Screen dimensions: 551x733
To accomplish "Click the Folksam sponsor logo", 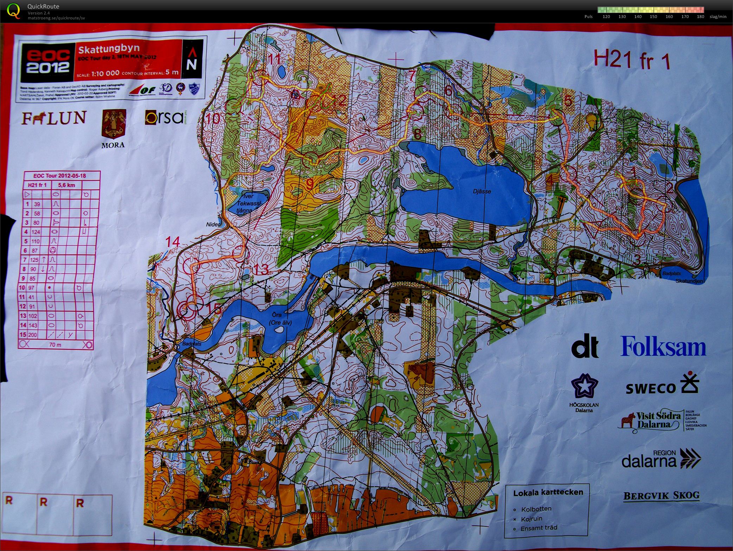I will (663, 346).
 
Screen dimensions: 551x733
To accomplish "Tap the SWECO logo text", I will (651, 388).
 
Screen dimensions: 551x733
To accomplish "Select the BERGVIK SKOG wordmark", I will (661, 495).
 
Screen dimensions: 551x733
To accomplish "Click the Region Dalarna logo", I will (661, 459).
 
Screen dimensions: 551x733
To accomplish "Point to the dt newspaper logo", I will (585, 347).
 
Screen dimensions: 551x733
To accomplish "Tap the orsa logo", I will (164, 118).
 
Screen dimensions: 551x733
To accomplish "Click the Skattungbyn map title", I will (109, 48).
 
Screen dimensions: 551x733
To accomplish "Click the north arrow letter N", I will (191, 65).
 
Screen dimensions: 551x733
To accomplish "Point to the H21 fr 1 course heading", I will (632, 59).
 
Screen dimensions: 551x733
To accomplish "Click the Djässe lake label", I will (482, 192).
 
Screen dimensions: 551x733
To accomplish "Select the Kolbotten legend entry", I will (536, 509).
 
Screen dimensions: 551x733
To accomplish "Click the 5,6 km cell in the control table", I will (66, 185).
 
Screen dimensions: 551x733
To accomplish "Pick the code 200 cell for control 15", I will (32, 335).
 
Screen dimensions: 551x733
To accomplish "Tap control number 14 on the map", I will (173, 242).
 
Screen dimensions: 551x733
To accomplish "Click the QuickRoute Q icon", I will (14, 10).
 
